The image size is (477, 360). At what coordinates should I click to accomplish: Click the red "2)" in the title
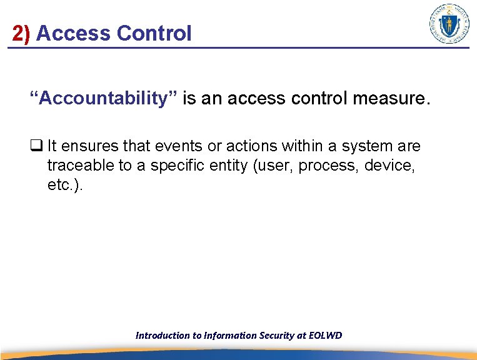[21, 33]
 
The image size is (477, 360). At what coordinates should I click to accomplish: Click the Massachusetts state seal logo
[449, 24]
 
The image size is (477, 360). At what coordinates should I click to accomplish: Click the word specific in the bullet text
[181, 166]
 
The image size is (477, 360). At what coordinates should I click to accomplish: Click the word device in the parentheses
[395, 166]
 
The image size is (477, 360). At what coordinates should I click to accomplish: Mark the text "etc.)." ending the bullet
[65, 186]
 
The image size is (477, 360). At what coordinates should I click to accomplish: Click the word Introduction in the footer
[162, 336]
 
